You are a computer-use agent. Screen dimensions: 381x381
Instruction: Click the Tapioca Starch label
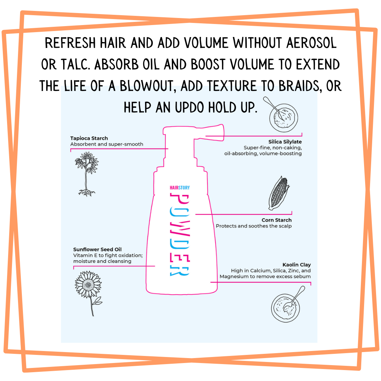click(89, 138)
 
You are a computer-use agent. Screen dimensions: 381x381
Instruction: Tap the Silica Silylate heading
click(285, 142)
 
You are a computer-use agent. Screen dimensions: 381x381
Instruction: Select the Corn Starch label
click(277, 220)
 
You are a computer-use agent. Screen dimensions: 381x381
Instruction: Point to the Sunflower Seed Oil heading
click(97, 249)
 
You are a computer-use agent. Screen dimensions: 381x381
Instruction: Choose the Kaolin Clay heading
click(296, 265)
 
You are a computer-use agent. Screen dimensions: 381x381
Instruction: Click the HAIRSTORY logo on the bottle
click(180, 188)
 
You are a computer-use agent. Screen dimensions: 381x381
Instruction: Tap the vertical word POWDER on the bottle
click(180, 235)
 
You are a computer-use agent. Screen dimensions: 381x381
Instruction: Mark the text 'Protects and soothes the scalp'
click(254, 226)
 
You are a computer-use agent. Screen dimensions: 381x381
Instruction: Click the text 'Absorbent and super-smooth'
click(107, 144)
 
